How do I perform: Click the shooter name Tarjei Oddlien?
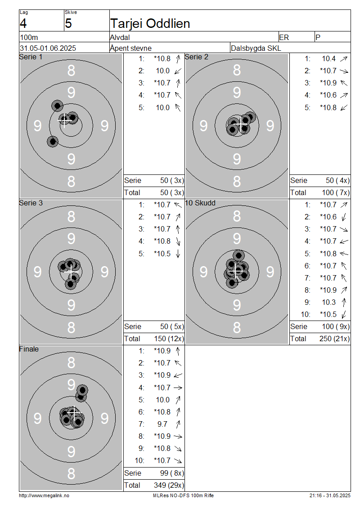(x=150, y=24)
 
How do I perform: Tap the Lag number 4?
(x=23, y=24)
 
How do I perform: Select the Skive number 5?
(x=68, y=24)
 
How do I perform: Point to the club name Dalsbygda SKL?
(x=256, y=48)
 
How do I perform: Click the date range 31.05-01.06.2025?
(x=48, y=48)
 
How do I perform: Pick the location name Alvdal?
(x=120, y=37)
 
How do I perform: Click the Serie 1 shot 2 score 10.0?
(x=163, y=71)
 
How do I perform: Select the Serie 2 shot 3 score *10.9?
(x=328, y=83)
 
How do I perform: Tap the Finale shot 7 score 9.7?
(x=162, y=424)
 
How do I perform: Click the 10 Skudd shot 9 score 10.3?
(x=329, y=302)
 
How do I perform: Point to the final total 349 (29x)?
(x=169, y=486)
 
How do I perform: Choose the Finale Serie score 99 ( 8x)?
(x=172, y=473)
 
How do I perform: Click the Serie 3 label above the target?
(x=31, y=203)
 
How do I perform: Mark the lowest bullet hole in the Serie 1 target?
(x=53, y=142)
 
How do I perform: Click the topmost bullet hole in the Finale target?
(x=82, y=390)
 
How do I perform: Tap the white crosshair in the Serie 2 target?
(x=241, y=124)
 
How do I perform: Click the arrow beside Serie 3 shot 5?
(x=178, y=254)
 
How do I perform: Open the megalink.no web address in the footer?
(x=44, y=495)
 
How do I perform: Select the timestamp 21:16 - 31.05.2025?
(x=330, y=495)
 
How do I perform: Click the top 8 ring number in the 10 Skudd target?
(x=237, y=216)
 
